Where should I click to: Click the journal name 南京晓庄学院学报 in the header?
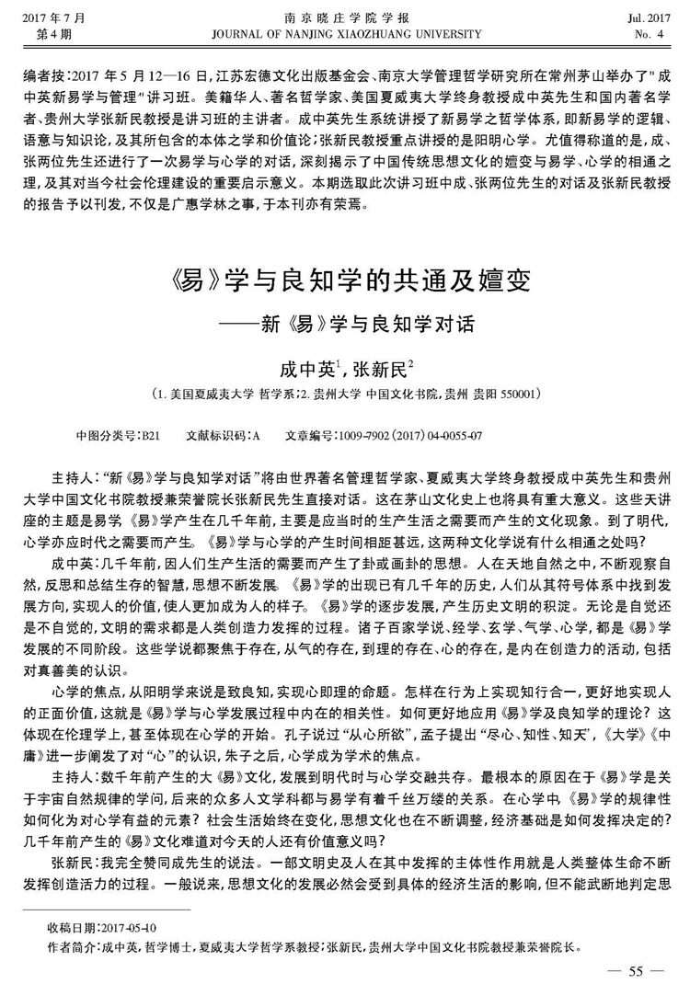(346, 18)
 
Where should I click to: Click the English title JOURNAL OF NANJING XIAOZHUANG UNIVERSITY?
(346, 35)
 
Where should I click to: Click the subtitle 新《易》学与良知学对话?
(364, 324)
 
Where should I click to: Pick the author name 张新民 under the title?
(381, 369)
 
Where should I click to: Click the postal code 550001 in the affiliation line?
(524, 393)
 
